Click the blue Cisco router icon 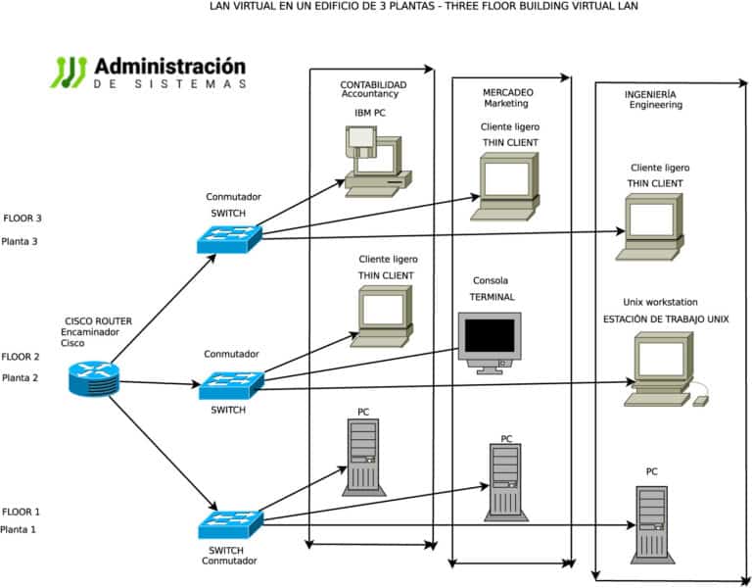pyautogui.click(x=94, y=378)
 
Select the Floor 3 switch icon pyautogui.click(x=229, y=237)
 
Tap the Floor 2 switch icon pyautogui.click(x=231, y=385)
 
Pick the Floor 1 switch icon pyautogui.click(x=231, y=524)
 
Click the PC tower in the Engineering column pyautogui.click(x=652, y=523)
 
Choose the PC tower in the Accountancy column pyautogui.click(x=361, y=456)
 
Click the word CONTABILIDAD pyautogui.click(x=372, y=85)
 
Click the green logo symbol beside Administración pyautogui.click(x=69, y=73)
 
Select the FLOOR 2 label pyautogui.click(x=21, y=357)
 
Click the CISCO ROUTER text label pyautogui.click(x=98, y=321)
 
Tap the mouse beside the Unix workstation pyautogui.click(x=700, y=401)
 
